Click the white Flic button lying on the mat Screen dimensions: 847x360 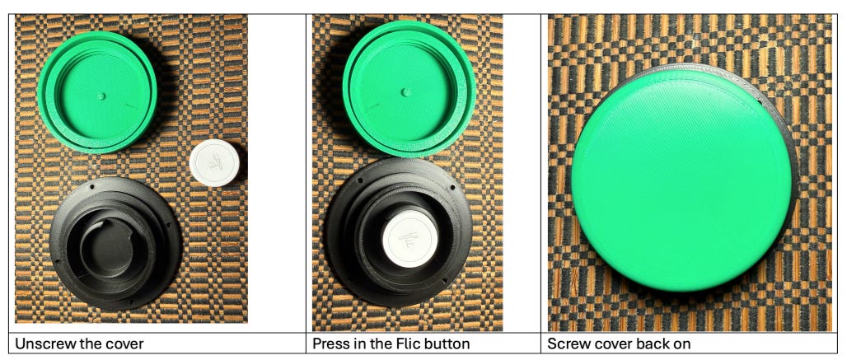coord(214,163)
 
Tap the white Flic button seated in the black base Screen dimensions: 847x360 coord(410,239)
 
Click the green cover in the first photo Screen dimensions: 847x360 coord(97,92)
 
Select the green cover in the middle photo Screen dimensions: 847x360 coord(409,89)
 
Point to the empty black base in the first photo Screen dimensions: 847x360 coord(115,242)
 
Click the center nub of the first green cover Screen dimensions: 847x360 coord(101,96)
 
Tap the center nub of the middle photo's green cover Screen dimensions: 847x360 coord(406,92)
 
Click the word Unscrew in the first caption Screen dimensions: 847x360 coord(43,344)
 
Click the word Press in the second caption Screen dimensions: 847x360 coord(329,344)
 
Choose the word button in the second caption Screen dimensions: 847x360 coord(445,344)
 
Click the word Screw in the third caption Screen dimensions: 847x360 coord(564,344)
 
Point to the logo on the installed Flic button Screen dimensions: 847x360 coord(409,239)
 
